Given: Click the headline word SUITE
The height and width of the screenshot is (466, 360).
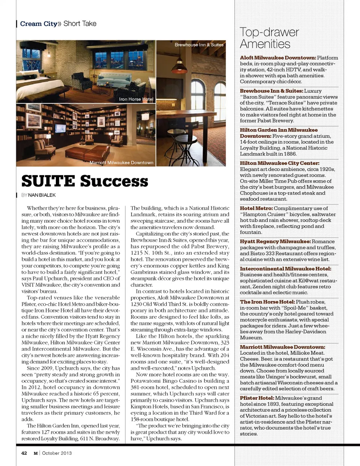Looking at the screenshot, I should pos(48,181).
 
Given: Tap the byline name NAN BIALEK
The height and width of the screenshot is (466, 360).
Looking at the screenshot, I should pos(42,195).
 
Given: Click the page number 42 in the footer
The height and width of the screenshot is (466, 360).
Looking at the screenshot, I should pos(24,453).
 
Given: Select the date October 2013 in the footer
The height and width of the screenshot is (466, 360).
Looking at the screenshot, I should pos(57,453).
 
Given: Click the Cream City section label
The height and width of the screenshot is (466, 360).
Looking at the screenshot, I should pos(39,24).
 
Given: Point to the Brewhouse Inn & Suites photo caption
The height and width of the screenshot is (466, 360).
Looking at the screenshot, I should pos(199,45).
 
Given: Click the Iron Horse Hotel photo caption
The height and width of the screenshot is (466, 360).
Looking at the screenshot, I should pos(136,99).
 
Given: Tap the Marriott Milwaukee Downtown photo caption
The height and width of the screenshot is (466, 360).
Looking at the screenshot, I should pos(121,163).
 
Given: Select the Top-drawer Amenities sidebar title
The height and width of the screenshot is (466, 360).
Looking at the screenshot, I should pos(269,38).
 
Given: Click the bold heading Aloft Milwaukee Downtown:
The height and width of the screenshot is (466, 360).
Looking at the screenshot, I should pos(277,58).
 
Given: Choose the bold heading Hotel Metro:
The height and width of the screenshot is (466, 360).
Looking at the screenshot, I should pos(256,208).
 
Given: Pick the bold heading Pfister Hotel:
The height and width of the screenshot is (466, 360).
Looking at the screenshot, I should pos(257,398).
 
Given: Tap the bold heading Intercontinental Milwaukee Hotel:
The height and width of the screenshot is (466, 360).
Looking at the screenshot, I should pos(285,269).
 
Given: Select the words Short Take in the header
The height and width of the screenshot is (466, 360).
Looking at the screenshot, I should pos(80,24).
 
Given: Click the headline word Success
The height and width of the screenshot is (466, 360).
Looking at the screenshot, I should pos(114,181).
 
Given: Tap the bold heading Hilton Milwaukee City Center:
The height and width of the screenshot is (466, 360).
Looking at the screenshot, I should pos(279,163).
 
